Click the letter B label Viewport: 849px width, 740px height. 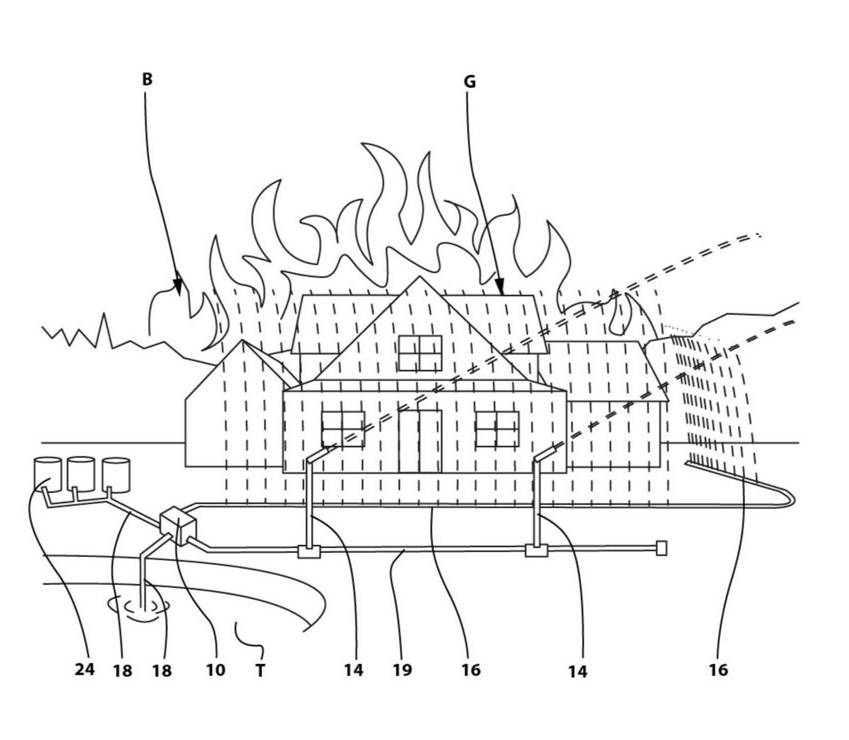147,79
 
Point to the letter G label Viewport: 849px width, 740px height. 469,82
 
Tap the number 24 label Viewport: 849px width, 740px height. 85,670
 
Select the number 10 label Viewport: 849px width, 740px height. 215,670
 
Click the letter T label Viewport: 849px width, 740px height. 260,671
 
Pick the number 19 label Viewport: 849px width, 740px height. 402,670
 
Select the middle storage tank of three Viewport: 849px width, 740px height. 81,473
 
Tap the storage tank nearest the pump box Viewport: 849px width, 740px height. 116,474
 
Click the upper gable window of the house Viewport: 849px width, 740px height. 420,353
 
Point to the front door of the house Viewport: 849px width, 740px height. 420,441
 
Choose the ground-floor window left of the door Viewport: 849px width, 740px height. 342,429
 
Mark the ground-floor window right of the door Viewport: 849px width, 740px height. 496,429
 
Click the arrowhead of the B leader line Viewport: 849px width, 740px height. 177,284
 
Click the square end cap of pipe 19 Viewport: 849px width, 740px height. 661,547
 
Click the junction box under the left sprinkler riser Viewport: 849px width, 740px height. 308,551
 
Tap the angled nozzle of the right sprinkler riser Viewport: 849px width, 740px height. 546,452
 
